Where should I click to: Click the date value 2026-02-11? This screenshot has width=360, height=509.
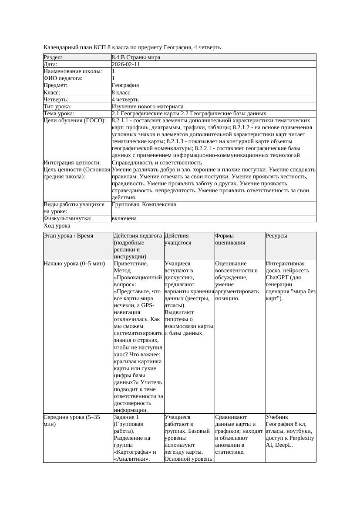click(x=126, y=64)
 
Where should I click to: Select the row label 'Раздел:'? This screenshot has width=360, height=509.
click(x=53, y=57)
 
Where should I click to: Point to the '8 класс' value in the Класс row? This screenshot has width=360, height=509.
click(x=121, y=93)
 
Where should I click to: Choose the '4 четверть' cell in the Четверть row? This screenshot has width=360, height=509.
click(x=124, y=100)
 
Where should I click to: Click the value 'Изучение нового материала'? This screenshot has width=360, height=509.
click(x=148, y=107)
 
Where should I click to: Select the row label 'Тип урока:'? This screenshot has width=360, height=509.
click(x=57, y=107)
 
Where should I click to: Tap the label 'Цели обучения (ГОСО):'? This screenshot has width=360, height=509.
click(x=74, y=121)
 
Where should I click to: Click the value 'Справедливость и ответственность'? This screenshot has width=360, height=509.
click(x=157, y=163)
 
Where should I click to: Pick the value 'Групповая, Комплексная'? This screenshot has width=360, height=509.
click(x=144, y=204)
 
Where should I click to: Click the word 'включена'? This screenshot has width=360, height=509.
click(x=124, y=218)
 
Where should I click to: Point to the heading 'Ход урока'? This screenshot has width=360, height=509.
click(x=57, y=226)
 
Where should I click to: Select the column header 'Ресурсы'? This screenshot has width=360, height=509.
click(x=276, y=236)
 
